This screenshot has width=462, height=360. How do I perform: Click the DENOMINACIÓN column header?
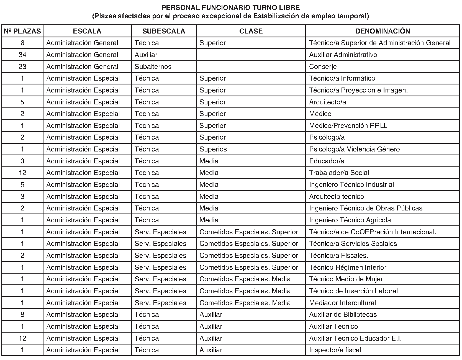383,31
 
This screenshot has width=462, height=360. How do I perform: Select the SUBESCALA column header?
164,31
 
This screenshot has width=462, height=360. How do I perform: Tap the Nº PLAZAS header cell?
22,31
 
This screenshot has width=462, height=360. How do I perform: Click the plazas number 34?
22,55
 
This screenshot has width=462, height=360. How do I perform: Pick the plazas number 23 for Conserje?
22,67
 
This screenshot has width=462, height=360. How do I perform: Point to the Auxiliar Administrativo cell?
343,55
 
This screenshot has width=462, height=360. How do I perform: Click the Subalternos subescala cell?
153,67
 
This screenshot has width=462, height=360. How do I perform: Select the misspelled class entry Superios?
213,149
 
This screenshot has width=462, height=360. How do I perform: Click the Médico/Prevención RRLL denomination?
348,126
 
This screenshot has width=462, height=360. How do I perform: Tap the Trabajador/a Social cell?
339,173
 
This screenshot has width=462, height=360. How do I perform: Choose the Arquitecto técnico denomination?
337,197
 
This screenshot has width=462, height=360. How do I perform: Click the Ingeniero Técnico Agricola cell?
350,220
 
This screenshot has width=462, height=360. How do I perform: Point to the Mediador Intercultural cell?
342,303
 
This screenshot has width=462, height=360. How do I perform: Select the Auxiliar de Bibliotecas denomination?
343,315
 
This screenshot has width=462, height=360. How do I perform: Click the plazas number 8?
22,315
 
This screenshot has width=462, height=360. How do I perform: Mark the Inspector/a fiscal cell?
335,350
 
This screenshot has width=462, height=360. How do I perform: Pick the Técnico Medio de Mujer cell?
346,279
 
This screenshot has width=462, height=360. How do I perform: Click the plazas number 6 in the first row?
22,43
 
